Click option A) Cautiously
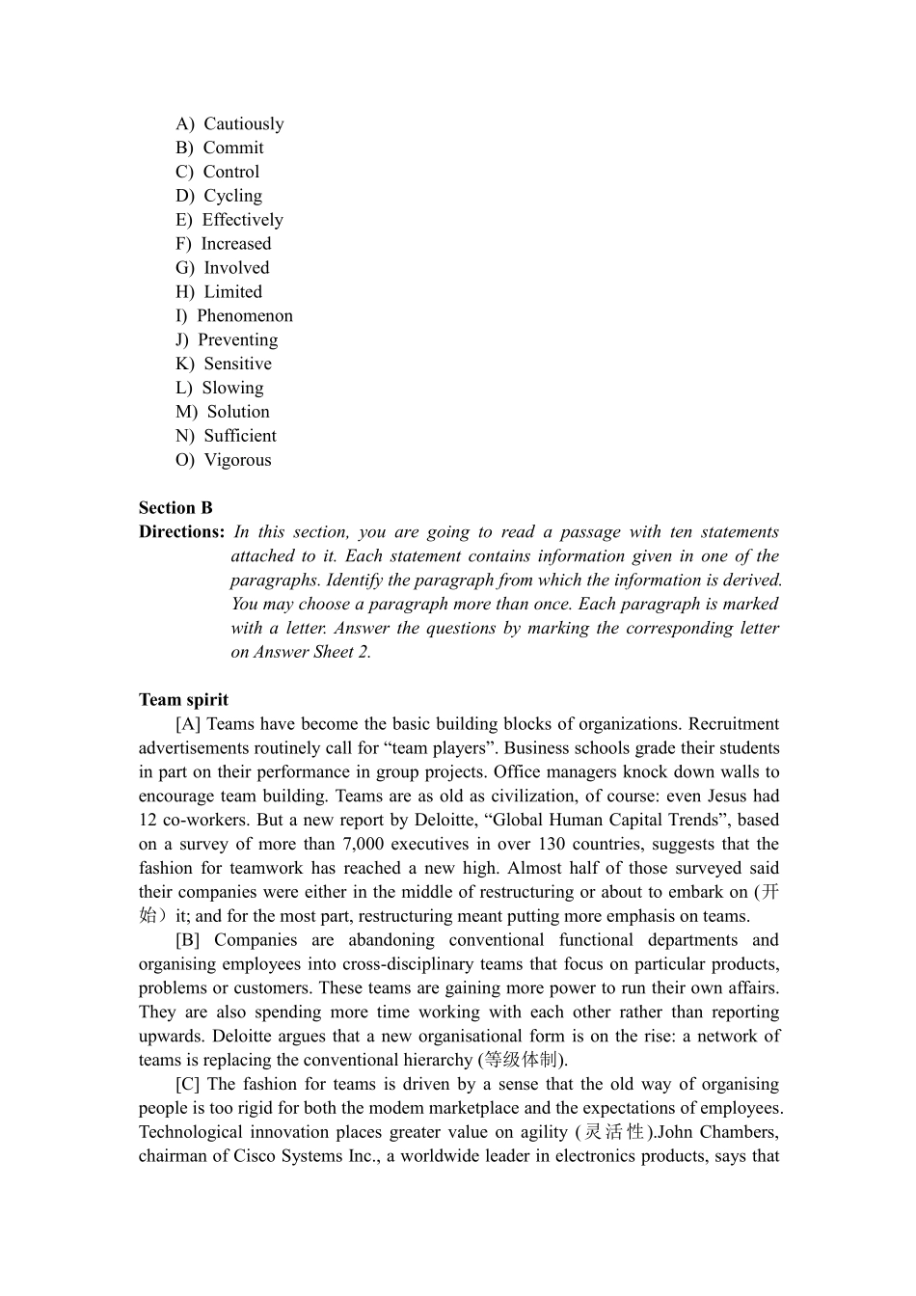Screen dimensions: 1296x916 pos(229,123)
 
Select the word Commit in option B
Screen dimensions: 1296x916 pos(233,148)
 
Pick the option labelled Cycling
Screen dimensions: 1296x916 pos(232,196)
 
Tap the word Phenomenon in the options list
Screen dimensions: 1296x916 pos(245,316)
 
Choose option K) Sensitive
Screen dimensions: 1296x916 pos(224,364)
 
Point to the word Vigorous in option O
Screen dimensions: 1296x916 pos(237,460)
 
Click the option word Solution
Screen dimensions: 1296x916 pos(238,412)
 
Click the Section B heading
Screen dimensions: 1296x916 pos(175,508)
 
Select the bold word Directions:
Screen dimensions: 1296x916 pos(181,532)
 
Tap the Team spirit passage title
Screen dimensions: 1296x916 pos(183,700)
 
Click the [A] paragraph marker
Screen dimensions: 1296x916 pos(188,724)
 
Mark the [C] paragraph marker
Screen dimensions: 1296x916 pos(188,1084)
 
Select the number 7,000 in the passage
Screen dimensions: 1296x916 pos(367,845)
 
